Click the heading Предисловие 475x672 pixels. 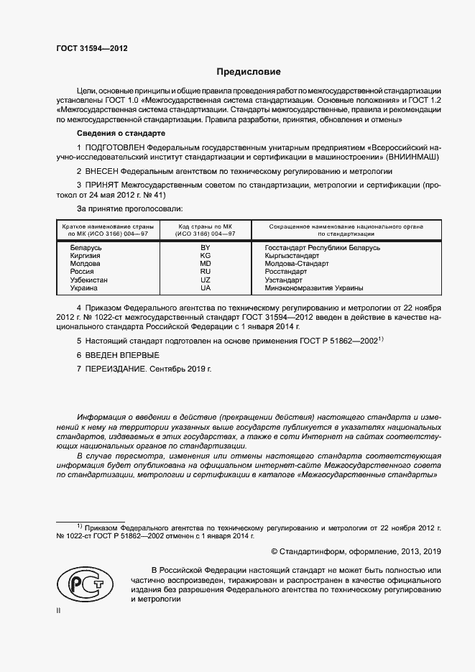pos(249,73)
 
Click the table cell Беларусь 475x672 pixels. pos(86,247)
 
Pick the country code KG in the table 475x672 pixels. pos(205,256)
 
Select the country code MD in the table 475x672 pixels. pos(205,264)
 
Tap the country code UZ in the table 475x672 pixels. pos(205,280)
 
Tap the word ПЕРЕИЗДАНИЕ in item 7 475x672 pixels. pos(116,369)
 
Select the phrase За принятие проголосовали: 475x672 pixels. pos(129,208)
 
